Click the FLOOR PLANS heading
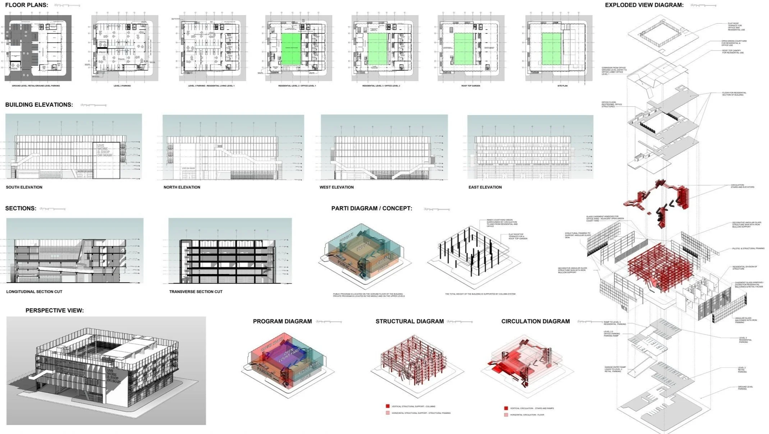[x=27, y=5]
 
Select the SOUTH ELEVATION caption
[x=24, y=187]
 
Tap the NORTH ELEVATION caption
[x=182, y=187]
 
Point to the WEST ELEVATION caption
[x=337, y=187]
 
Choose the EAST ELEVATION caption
[x=485, y=187]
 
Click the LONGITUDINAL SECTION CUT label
[x=34, y=292]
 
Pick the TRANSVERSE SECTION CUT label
[x=196, y=292]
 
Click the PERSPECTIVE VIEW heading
[x=55, y=310]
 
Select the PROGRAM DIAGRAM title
[x=282, y=321]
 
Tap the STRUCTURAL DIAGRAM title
[x=409, y=321]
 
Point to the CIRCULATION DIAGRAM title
[x=535, y=321]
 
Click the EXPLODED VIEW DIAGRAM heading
[x=644, y=5]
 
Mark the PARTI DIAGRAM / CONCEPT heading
[x=372, y=208]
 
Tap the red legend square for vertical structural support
[x=388, y=406]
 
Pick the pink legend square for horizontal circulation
[x=506, y=415]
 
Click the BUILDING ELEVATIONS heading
[x=39, y=105]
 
